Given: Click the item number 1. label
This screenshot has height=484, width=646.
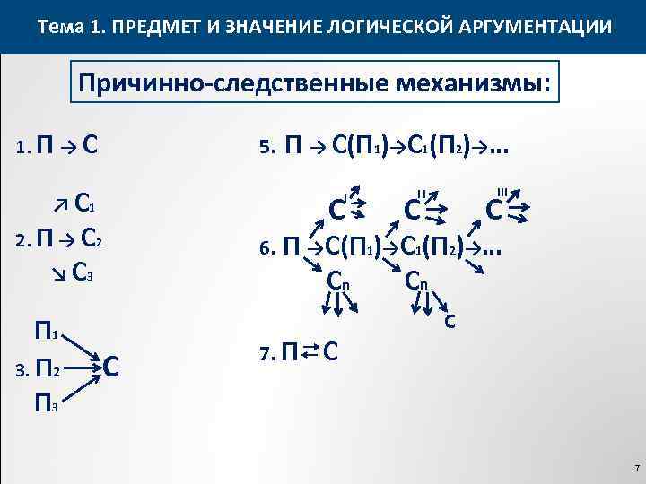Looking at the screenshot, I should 24,146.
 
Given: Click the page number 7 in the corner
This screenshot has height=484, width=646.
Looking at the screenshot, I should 635,469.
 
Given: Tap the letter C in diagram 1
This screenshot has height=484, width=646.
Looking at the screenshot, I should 90,144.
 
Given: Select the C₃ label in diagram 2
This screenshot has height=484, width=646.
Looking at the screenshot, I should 83,269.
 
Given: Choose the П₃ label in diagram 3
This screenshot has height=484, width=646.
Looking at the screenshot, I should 47,405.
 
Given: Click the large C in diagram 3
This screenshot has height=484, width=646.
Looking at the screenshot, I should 112,367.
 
